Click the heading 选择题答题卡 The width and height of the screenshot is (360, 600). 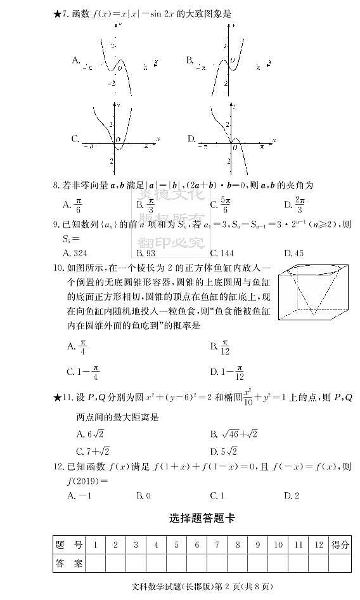coord(202,518)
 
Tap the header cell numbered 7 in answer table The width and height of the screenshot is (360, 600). coord(217,545)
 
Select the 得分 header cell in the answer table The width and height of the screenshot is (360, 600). coord(340,545)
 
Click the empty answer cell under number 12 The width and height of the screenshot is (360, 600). coord(318,563)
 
